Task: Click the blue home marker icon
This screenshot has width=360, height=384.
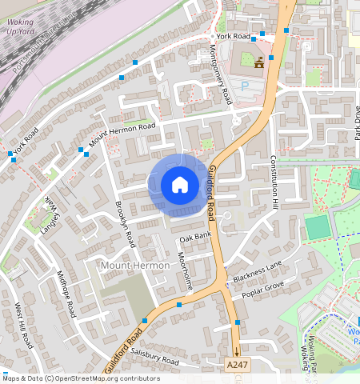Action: [x=180, y=186]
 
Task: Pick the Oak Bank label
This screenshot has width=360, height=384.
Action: [x=195, y=238]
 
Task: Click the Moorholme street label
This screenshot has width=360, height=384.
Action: [x=185, y=270]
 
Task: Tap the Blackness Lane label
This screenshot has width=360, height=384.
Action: [x=258, y=270]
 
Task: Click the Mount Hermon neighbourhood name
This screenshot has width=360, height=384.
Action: [x=134, y=265]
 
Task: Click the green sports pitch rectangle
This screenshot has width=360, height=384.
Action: [x=318, y=227]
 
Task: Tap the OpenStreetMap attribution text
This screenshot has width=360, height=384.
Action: [x=81, y=378]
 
